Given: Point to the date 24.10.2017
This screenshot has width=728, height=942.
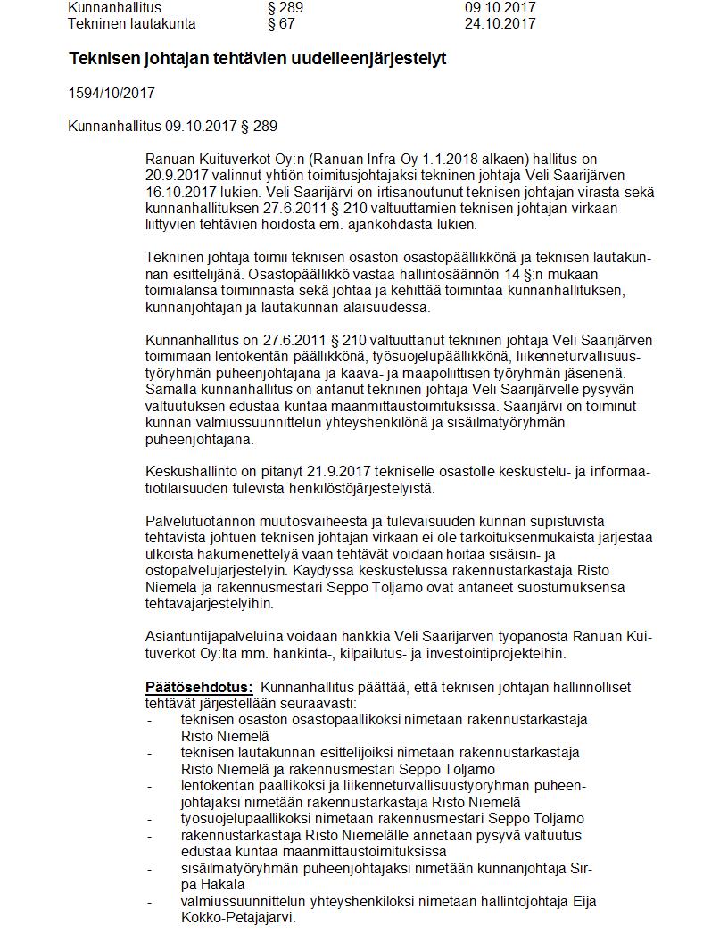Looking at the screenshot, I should tap(500, 23).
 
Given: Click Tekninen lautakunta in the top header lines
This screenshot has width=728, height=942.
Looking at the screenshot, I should tap(132, 23).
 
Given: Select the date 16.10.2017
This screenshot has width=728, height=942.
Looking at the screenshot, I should tap(176, 192).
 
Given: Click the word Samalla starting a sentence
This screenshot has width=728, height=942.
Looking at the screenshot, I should tap(170, 390).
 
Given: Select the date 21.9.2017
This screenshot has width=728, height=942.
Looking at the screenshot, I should tap(366, 472).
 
